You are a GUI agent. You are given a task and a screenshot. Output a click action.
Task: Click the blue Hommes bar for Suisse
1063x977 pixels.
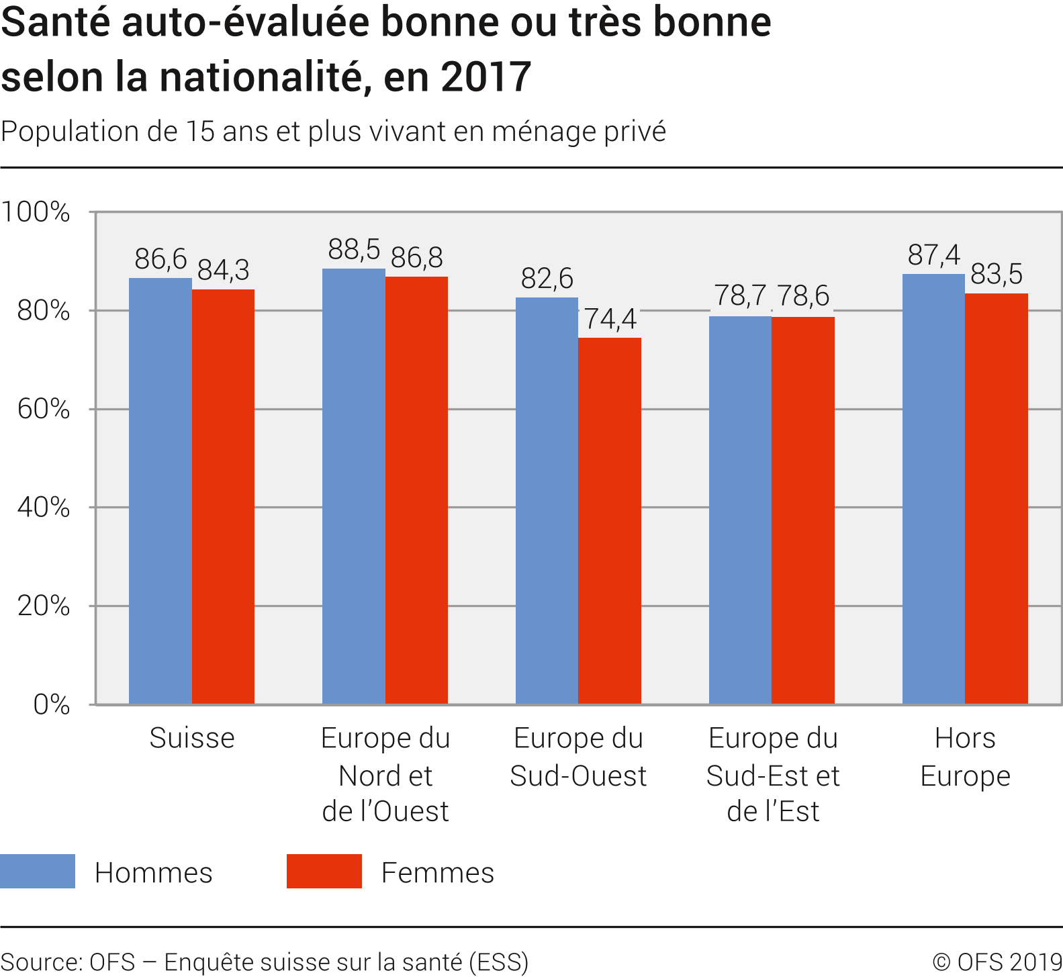tap(160, 490)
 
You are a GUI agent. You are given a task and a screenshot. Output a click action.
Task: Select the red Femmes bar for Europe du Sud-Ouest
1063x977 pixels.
tap(610, 520)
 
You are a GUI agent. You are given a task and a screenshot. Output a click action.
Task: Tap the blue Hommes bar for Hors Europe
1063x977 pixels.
tap(933, 488)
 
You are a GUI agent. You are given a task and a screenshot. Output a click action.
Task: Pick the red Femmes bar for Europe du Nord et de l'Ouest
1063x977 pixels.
tap(416, 490)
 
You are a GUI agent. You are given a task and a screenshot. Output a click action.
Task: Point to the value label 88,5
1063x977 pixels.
tap(354, 250)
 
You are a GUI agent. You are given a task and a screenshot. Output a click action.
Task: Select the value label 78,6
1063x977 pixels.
tap(803, 296)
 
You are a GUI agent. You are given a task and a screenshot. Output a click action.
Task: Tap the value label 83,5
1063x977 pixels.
tap(997, 274)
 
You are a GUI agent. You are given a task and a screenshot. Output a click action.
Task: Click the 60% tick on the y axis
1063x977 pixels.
tap(44, 409)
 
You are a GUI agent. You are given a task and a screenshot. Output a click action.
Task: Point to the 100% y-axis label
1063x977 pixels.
tap(36, 212)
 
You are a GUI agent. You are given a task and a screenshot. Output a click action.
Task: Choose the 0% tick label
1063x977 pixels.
tap(52, 704)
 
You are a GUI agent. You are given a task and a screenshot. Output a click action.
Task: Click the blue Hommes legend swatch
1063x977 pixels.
tap(38, 871)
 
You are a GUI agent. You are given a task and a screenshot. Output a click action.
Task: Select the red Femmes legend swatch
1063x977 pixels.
tap(324, 871)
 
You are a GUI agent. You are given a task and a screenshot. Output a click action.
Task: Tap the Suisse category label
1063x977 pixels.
tap(192, 738)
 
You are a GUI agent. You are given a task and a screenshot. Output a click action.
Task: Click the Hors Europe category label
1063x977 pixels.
tap(965, 757)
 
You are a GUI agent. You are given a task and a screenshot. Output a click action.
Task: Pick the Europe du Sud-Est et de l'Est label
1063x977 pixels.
tap(773, 774)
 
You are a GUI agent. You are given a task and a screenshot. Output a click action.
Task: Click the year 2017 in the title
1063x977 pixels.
tap(486, 77)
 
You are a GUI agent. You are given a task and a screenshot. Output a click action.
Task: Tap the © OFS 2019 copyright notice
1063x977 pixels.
tap(997, 962)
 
